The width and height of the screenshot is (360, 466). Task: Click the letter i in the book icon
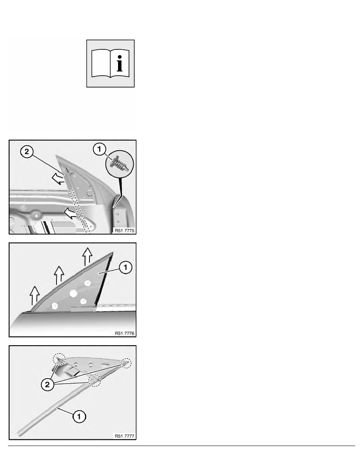pyautogui.click(x=120, y=63)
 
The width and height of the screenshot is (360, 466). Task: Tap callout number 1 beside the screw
pyautogui.click(x=99, y=149)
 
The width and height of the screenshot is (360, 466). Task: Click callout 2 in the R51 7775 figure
pyautogui.click(x=27, y=152)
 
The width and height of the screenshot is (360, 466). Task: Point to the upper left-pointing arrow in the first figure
pyautogui.click(x=58, y=178)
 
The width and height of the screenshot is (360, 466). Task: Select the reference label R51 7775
pyautogui.click(x=124, y=231)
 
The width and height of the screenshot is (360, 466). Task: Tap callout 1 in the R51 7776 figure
pyautogui.click(x=125, y=267)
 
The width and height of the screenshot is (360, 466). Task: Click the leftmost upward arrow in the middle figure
pyautogui.click(x=35, y=296)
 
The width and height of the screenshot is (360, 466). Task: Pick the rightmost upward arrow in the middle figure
pyautogui.click(x=87, y=257)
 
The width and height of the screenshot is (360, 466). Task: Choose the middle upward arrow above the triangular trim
pyautogui.click(x=59, y=275)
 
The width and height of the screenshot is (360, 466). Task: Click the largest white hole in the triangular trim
pyautogui.click(x=73, y=294)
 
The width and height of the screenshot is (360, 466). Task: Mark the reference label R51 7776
pyautogui.click(x=124, y=333)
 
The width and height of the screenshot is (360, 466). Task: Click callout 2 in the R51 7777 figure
pyautogui.click(x=47, y=385)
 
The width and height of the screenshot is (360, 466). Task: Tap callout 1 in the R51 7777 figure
pyautogui.click(x=79, y=416)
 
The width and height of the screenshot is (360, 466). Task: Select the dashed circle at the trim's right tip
pyautogui.click(x=126, y=363)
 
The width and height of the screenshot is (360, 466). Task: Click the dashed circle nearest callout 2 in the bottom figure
pyautogui.click(x=95, y=380)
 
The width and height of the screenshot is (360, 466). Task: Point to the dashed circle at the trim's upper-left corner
pyautogui.click(x=59, y=360)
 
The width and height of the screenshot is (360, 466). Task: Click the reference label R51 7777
pyautogui.click(x=124, y=436)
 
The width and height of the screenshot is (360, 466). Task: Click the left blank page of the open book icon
pyautogui.click(x=101, y=63)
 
